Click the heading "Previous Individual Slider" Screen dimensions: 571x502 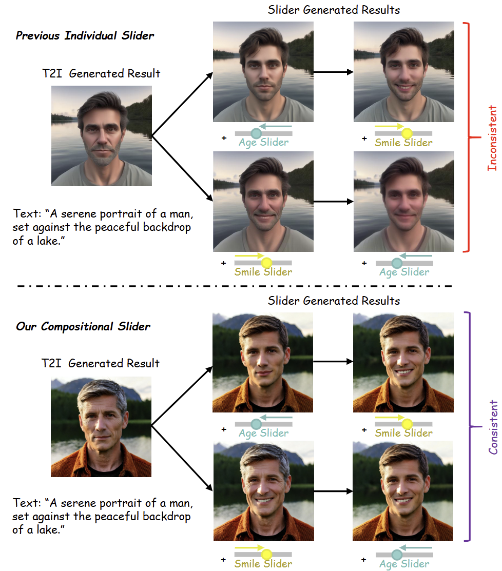pos(85,35)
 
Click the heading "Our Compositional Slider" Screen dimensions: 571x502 pos(83,326)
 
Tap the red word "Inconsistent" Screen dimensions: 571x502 pos(492,137)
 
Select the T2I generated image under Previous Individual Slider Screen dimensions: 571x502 pos(102,135)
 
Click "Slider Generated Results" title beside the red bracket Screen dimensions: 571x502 pos(334,10)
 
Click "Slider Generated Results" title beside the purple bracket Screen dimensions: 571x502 pos(334,300)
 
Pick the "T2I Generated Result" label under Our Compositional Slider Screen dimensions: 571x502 pos(101,363)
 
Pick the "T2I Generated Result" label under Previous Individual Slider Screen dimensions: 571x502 pos(101,73)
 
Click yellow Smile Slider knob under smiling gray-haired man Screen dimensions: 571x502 pos(266,555)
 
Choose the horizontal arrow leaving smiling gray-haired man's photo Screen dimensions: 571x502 pos(333,491)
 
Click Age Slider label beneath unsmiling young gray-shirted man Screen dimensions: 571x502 pos(264,143)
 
